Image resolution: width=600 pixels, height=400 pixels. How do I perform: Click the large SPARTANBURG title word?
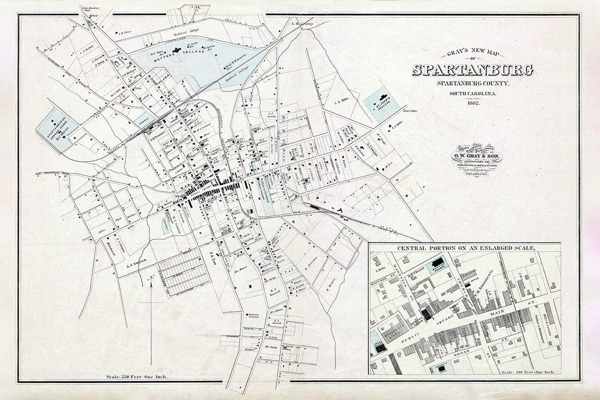(x=473, y=70)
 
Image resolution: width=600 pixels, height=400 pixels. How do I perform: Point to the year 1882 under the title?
(x=473, y=102)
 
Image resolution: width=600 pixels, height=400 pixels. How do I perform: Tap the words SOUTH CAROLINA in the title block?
(x=473, y=93)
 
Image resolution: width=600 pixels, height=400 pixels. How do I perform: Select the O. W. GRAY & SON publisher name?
(x=473, y=157)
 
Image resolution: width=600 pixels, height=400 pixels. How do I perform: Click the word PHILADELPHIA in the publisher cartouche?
(x=473, y=175)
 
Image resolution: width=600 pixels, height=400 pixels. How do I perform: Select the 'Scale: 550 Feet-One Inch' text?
(x=137, y=377)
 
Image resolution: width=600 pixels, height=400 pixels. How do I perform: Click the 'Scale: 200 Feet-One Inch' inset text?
(x=527, y=372)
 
